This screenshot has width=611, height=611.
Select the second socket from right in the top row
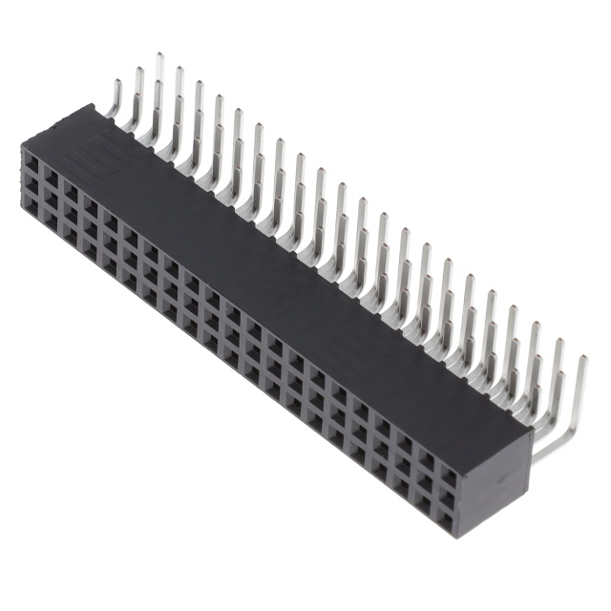pos(426,463)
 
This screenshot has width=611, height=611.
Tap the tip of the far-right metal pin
pos(583,359)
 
